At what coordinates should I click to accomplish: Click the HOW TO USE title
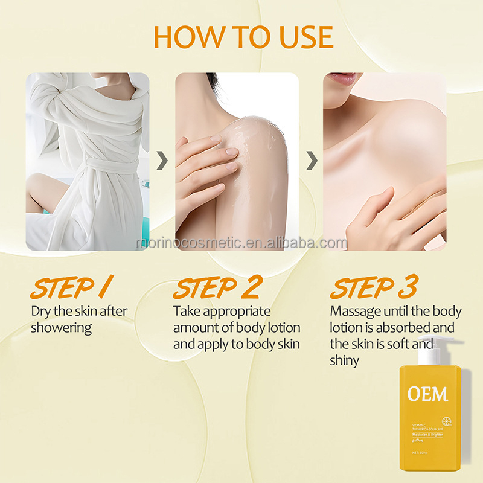point(243,37)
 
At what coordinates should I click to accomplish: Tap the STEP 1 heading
point(71,289)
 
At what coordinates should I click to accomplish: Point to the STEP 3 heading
point(374,289)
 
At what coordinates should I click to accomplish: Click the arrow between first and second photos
point(162,161)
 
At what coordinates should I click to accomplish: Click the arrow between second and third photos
point(312,161)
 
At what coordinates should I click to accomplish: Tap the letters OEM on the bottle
point(427,395)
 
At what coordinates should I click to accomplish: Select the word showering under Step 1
point(62,328)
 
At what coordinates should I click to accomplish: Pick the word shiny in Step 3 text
point(344,361)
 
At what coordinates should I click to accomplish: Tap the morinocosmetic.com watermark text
point(241,243)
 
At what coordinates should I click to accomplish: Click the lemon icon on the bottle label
point(447,421)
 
